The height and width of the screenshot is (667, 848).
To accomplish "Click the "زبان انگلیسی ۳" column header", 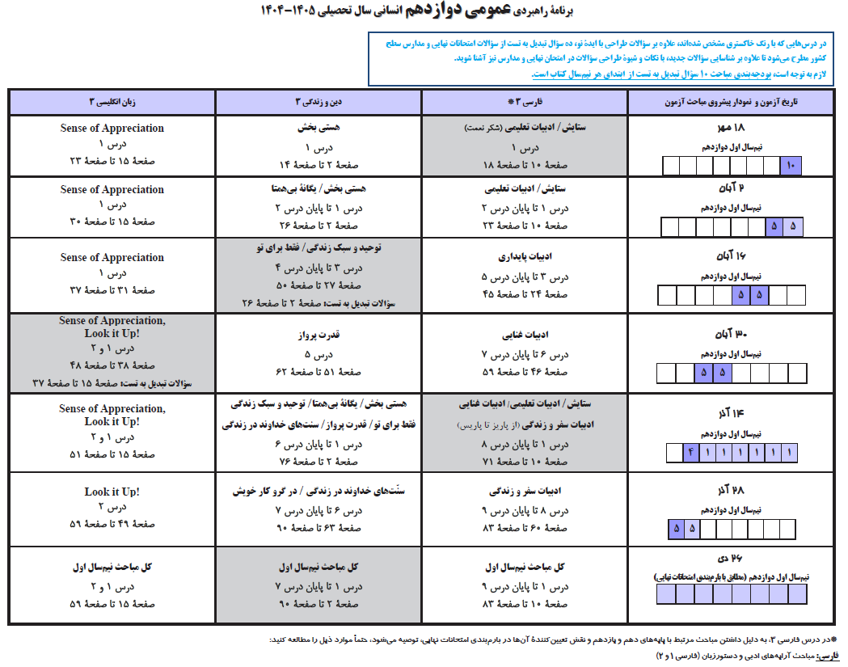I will (112, 103).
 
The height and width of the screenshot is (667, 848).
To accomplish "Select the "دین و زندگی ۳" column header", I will (319, 103).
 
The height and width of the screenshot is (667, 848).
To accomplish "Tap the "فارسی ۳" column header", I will (525, 103).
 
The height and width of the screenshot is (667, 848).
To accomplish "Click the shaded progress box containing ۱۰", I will (790, 167).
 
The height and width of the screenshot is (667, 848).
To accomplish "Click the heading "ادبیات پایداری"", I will (525, 258).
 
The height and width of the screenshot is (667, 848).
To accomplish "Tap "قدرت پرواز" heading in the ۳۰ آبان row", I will (319, 334).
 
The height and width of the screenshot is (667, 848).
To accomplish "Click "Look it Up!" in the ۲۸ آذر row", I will (112, 492).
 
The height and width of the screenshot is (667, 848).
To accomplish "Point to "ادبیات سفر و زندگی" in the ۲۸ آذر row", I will (525, 492).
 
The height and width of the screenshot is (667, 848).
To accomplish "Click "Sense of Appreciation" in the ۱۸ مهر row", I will (112, 129).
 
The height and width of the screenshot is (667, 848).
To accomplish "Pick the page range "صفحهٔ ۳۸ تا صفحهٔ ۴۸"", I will (112, 365).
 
